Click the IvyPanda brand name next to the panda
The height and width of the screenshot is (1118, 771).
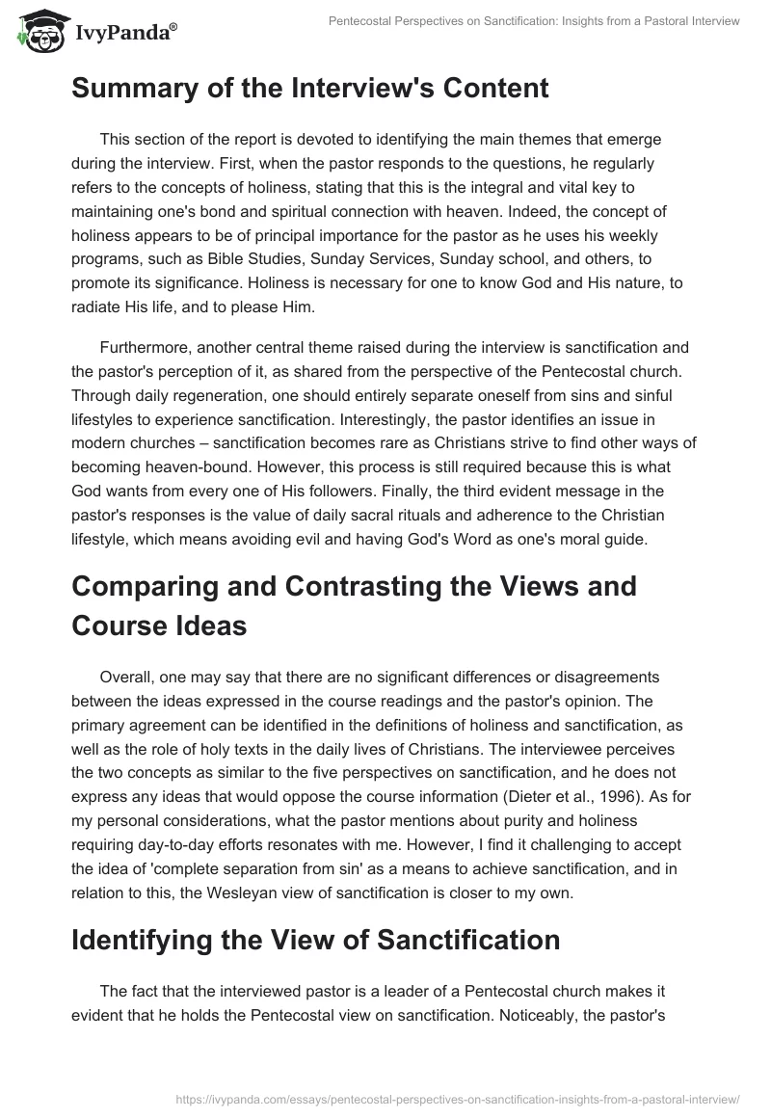(124, 34)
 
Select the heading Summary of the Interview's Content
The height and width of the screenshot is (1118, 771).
(309, 88)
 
